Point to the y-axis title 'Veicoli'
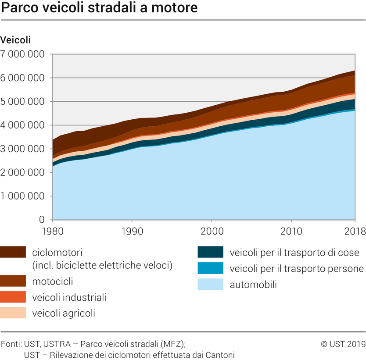(x=16, y=40)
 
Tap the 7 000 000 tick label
(x=23, y=54)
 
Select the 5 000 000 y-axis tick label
(x=23, y=102)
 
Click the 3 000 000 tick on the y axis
(x=23, y=149)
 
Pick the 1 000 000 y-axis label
(x=23, y=196)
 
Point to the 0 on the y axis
(x=42, y=220)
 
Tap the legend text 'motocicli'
(x=53, y=281)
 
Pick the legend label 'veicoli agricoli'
(x=64, y=313)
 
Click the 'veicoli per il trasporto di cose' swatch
(x=211, y=253)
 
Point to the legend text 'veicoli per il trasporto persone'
(x=297, y=268)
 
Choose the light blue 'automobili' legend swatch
(x=211, y=284)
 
